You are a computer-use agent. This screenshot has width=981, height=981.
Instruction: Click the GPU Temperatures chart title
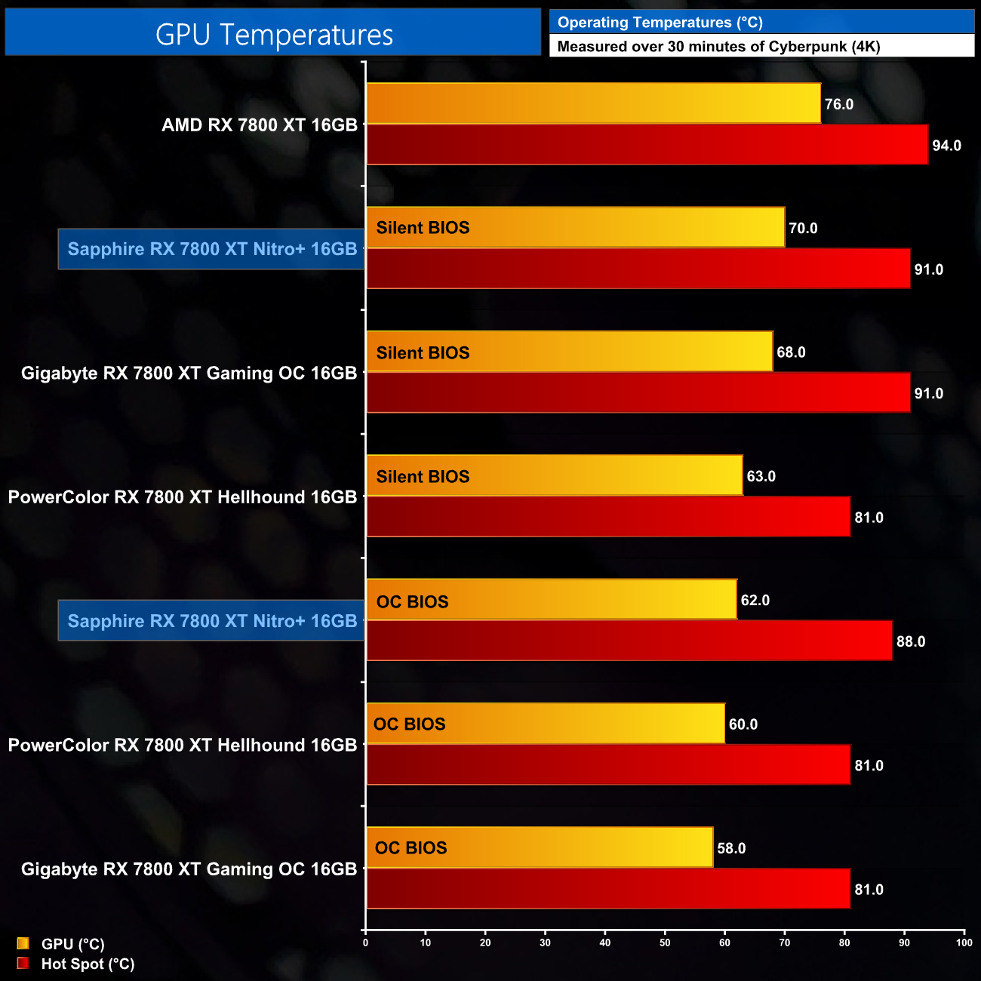[x=273, y=35]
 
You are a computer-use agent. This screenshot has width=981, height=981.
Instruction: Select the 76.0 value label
[x=838, y=104]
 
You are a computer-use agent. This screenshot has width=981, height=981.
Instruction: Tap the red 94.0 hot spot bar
[x=647, y=145]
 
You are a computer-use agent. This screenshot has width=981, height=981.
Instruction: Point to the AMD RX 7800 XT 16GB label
[x=259, y=125]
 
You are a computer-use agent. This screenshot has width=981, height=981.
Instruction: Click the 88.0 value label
[x=910, y=641]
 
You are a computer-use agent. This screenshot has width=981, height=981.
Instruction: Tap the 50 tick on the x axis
[x=665, y=943]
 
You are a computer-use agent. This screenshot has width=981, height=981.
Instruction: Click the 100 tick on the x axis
[x=964, y=943]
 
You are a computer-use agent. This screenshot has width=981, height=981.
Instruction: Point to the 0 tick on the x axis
[x=366, y=943]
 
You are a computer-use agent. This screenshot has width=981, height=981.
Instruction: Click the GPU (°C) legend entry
[x=72, y=944]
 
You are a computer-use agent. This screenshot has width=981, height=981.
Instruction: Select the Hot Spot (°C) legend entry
[x=87, y=964]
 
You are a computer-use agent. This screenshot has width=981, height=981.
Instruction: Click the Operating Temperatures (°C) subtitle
[x=660, y=23]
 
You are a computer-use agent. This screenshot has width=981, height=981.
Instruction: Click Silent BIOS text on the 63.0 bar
[x=423, y=477]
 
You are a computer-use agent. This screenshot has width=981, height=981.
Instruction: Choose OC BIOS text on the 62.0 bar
[x=412, y=601]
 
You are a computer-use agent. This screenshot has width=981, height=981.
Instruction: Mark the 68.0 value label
[x=791, y=352]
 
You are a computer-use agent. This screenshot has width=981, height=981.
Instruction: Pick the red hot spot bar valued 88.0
[x=629, y=641]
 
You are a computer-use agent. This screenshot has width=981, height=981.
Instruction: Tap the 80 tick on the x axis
[x=844, y=943]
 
